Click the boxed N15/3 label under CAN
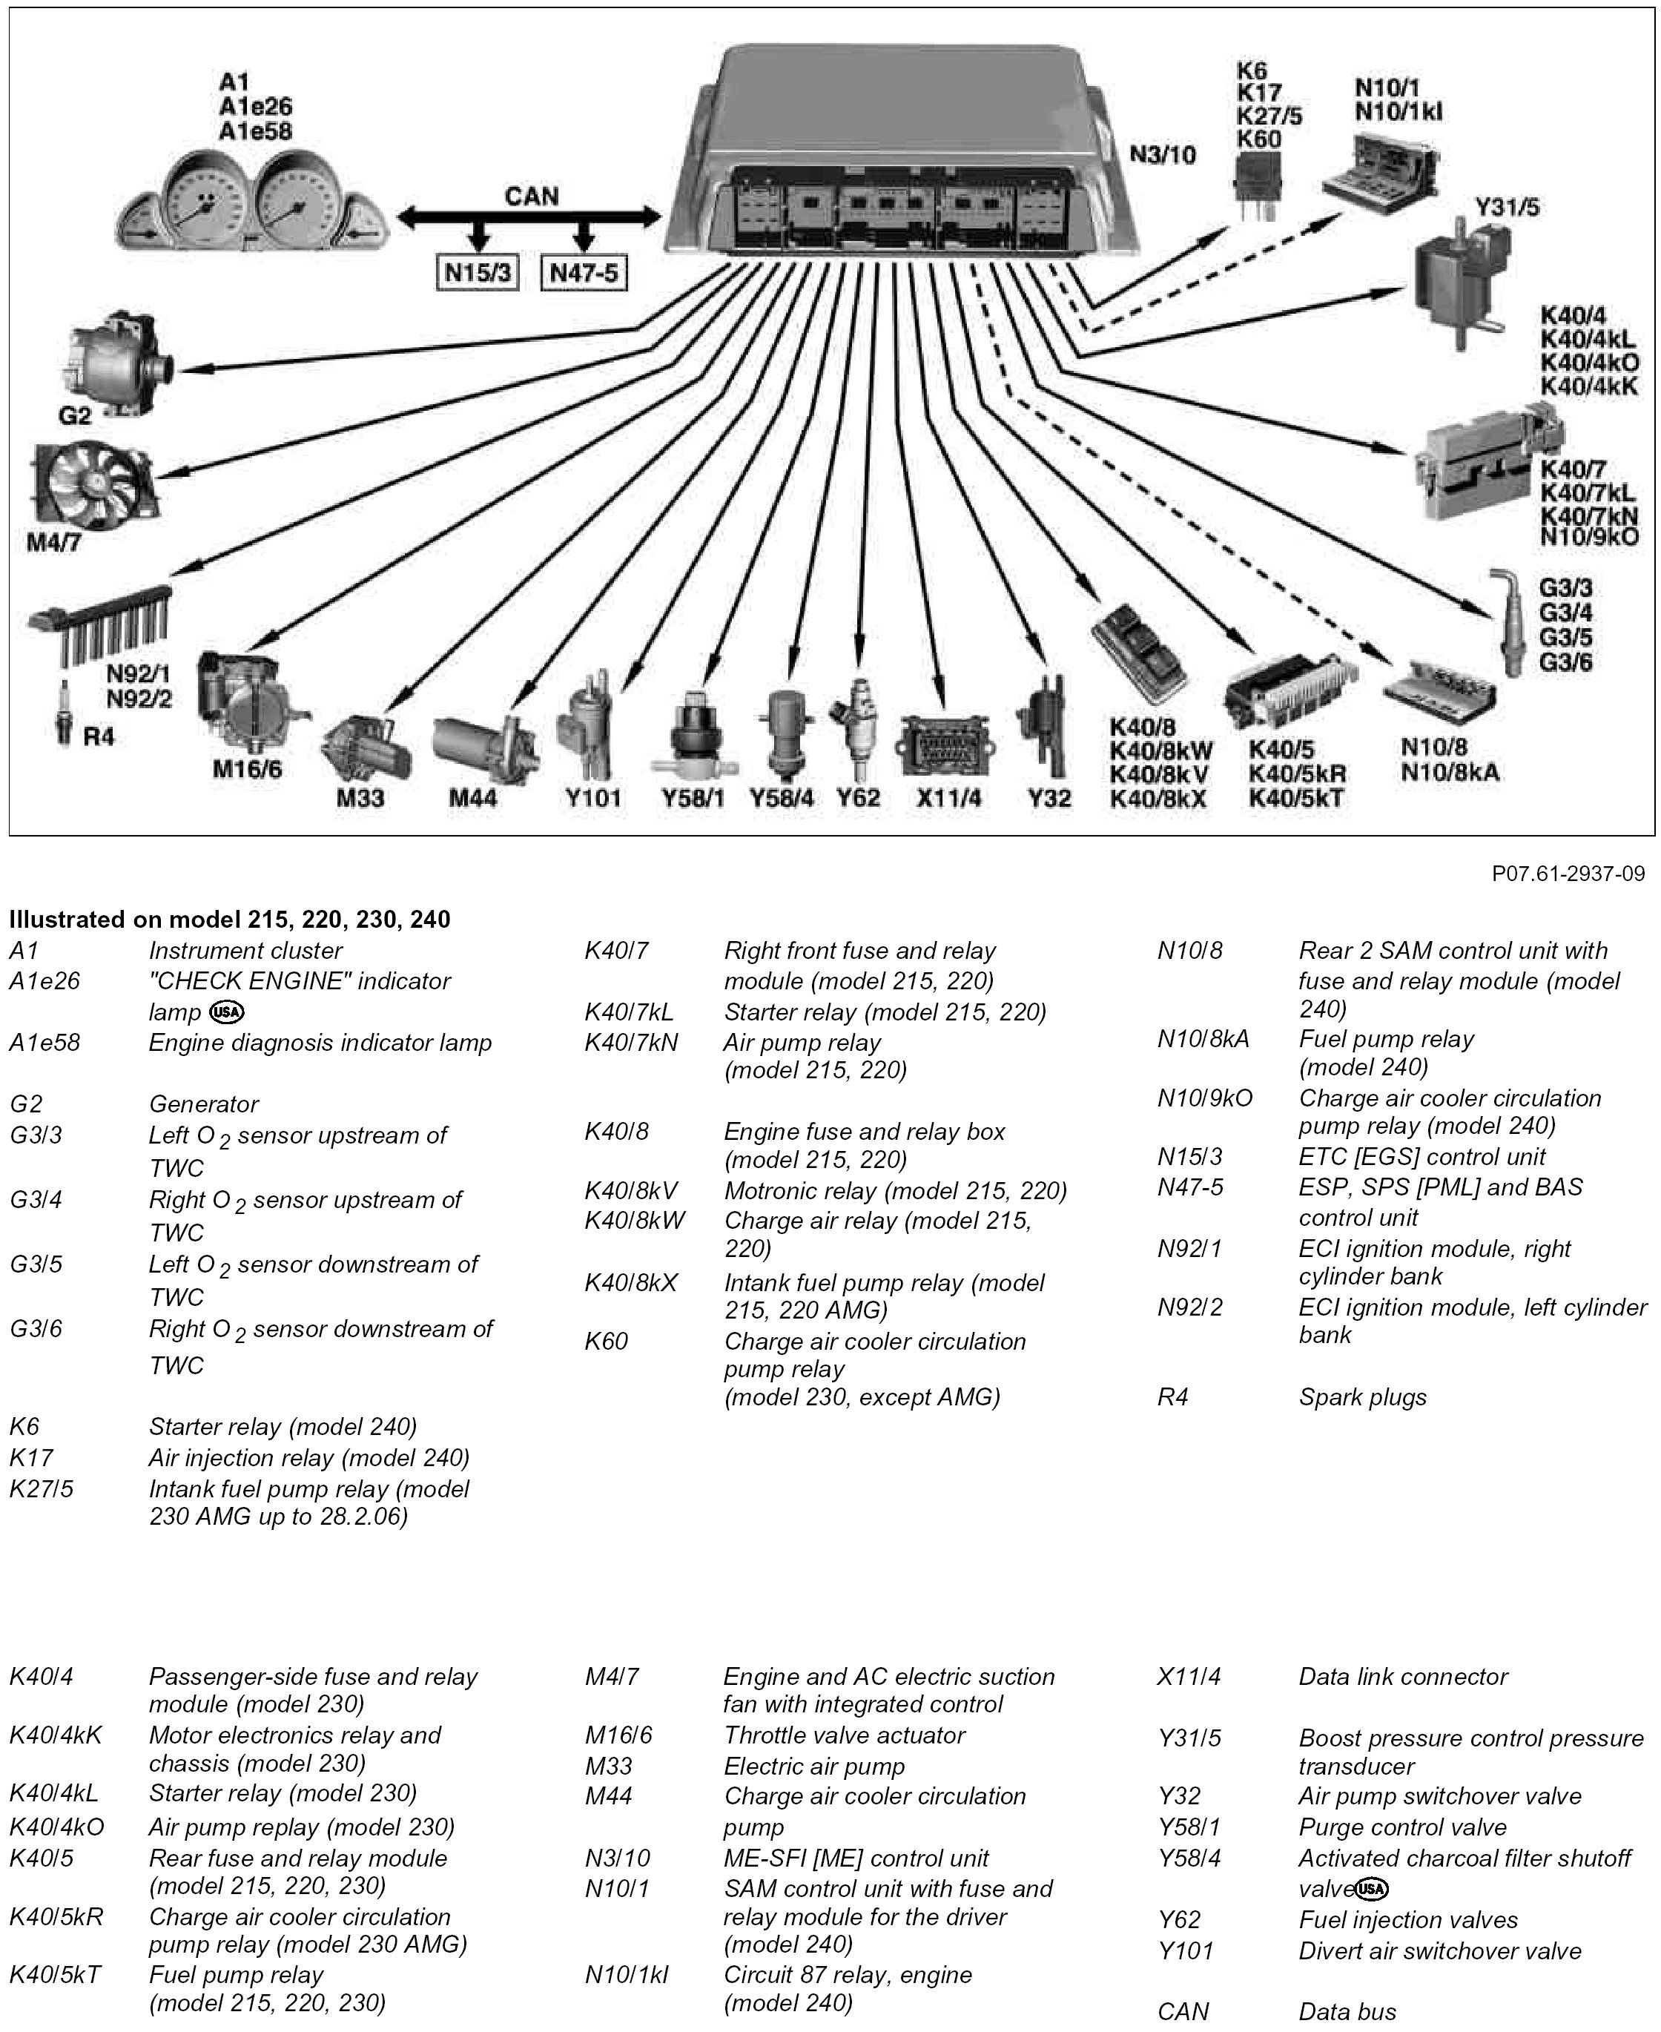click(x=478, y=274)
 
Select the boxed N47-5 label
click(x=584, y=274)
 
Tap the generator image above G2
click(x=109, y=363)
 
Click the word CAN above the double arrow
click(x=531, y=196)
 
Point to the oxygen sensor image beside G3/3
click(x=1506, y=622)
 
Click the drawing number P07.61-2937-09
click(x=1568, y=874)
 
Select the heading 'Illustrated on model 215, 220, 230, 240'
click(x=230, y=920)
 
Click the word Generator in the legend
click(x=204, y=1104)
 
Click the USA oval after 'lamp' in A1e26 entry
click(x=227, y=1012)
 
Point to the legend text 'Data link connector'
click(x=1403, y=1677)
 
